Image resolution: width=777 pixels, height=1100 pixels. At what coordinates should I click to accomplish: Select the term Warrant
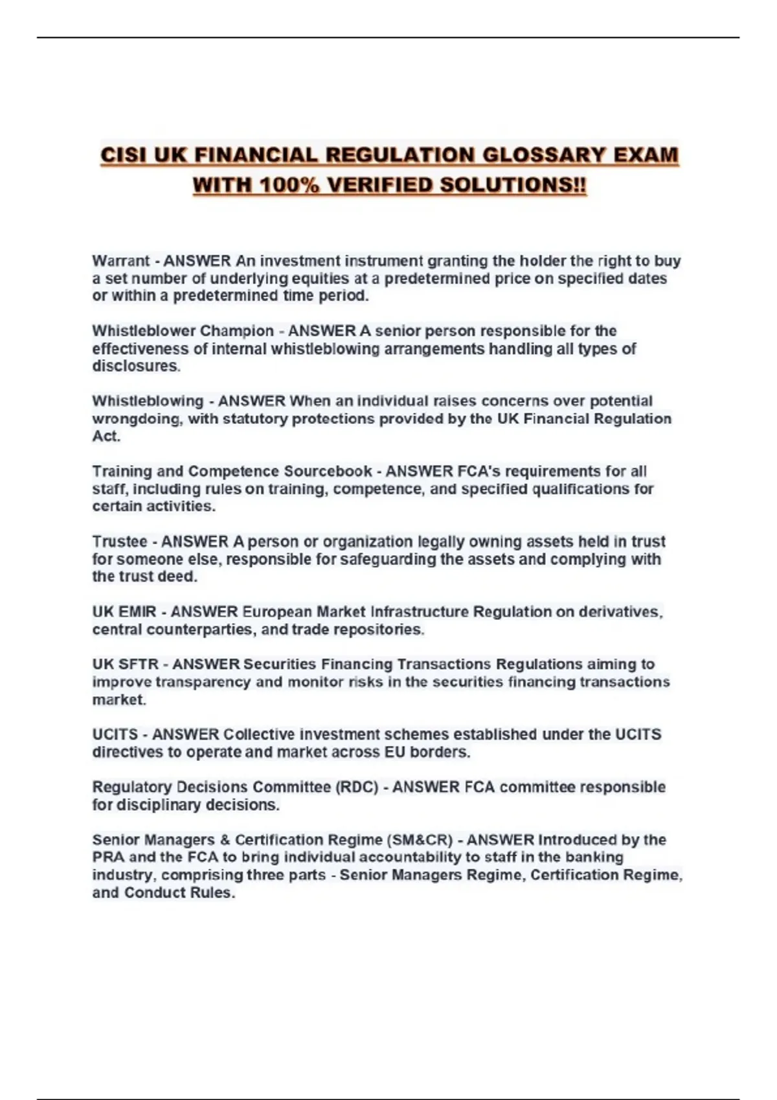click(x=120, y=261)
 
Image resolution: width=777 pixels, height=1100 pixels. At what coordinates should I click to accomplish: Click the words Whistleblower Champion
click(x=183, y=331)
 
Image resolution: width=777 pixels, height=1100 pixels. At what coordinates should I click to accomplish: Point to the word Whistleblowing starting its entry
click(x=148, y=401)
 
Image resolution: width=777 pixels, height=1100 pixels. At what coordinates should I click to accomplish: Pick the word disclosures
click(x=136, y=366)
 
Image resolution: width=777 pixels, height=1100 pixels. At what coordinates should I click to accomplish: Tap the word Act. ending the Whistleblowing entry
click(x=106, y=436)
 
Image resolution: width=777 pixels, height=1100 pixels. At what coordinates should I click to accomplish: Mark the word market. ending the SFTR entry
click(x=119, y=699)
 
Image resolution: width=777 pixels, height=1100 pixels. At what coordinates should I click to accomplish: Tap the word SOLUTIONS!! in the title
click(x=513, y=186)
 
